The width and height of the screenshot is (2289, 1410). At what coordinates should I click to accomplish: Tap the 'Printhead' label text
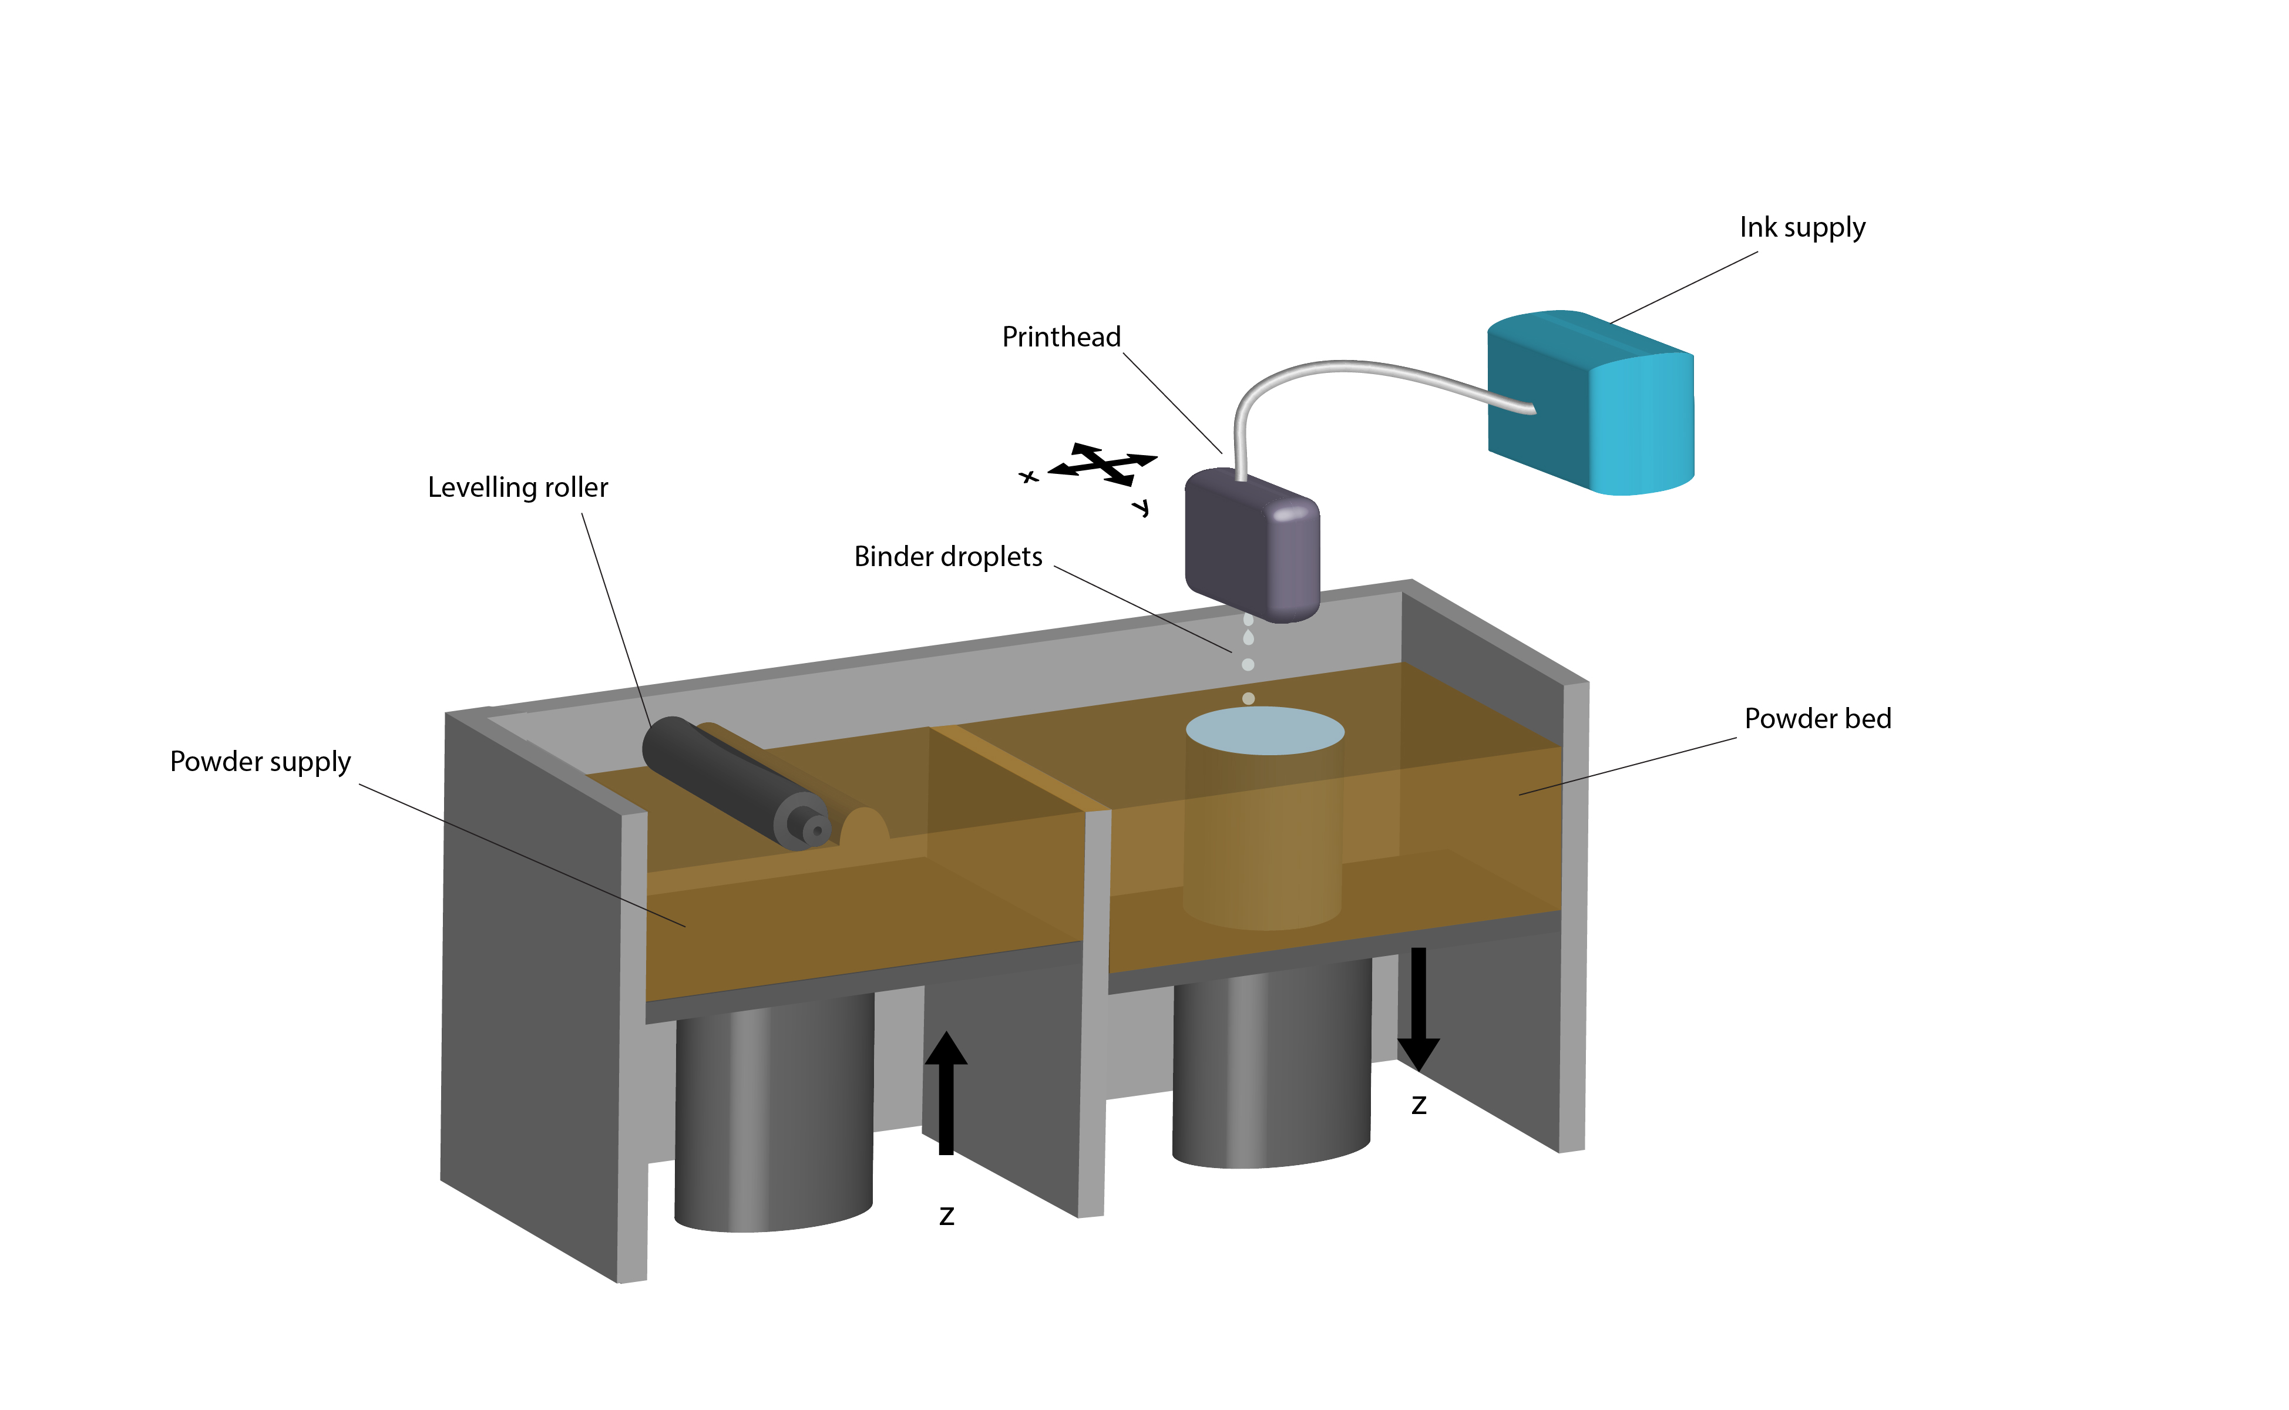[1061, 336]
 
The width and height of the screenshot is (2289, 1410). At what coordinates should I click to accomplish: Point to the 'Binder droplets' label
[947, 557]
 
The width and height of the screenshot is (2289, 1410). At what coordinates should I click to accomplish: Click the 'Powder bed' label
[1817, 718]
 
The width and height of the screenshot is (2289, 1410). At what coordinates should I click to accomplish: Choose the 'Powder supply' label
[260, 762]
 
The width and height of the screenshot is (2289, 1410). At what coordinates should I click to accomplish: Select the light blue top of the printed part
[1264, 730]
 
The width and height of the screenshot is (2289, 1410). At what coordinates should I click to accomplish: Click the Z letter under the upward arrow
[947, 1216]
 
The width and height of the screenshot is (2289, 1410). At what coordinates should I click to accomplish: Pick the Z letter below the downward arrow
[1419, 1106]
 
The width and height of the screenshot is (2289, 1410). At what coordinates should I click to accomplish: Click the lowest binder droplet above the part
[1248, 698]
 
